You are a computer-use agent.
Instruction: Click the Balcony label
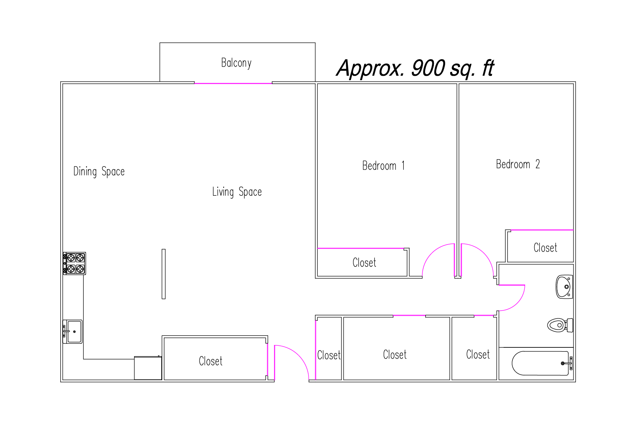click(236, 63)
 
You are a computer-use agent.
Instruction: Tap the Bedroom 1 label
click(384, 166)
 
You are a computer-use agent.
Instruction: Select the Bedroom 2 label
click(518, 164)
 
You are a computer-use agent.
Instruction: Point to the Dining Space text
click(99, 172)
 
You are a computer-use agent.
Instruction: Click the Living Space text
click(237, 192)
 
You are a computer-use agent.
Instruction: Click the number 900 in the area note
click(428, 68)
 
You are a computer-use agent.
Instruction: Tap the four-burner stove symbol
click(74, 263)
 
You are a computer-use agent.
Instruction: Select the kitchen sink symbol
click(73, 331)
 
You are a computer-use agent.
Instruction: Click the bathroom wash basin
click(564, 287)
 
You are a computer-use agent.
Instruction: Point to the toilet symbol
click(560, 325)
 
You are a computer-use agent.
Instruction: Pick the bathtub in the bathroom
click(542, 363)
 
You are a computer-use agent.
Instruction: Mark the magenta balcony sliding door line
click(233, 83)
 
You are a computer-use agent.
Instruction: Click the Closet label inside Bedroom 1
click(364, 262)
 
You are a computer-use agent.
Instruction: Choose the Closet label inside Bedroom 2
click(545, 248)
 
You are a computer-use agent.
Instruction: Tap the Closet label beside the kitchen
click(210, 361)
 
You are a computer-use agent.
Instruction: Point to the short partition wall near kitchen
click(163, 274)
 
